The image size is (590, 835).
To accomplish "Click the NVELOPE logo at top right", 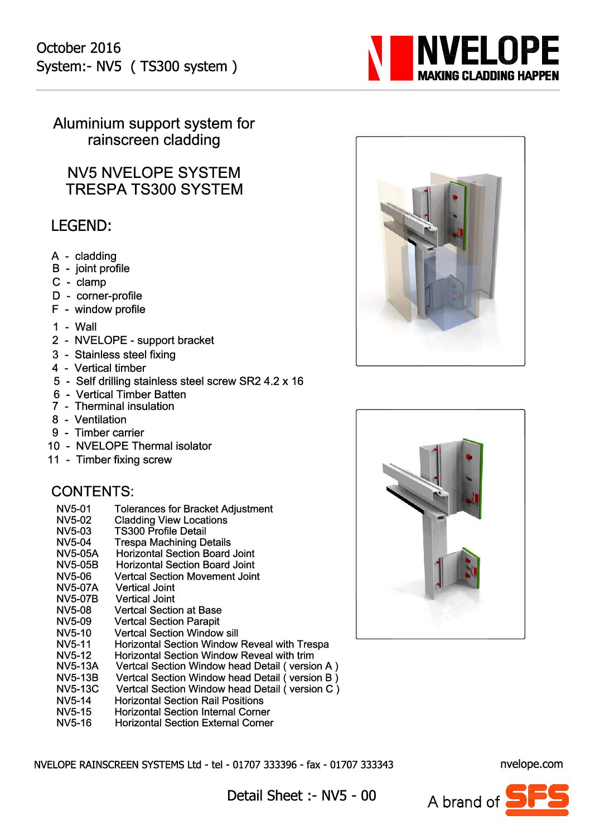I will [464, 57].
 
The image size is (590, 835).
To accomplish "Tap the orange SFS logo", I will [537, 799].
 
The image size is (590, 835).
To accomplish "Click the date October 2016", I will [78, 48].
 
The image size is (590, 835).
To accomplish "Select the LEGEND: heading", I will [81, 226].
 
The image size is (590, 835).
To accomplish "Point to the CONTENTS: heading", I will [93, 491].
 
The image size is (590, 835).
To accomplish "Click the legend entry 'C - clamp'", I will [79, 282].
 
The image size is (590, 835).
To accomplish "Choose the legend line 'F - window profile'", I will [99, 309].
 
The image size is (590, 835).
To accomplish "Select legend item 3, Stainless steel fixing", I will [114, 354].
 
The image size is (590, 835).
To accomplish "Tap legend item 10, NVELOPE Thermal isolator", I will [130, 446].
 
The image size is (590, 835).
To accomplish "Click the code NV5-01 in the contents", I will [73, 509].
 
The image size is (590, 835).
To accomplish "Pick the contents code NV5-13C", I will [77, 689].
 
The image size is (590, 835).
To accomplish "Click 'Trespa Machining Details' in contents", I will [172, 542].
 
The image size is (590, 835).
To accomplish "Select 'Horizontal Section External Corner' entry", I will [194, 723].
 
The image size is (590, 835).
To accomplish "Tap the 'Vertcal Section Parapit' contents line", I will [167, 621].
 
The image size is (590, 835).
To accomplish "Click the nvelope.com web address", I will [531, 764].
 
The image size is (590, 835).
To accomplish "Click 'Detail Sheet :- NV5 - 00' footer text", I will [301, 795].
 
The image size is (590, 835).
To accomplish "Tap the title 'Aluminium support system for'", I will [154, 123].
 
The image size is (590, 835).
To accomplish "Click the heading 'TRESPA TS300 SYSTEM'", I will [154, 190].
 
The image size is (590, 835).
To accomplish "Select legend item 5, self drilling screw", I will [178, 381].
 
